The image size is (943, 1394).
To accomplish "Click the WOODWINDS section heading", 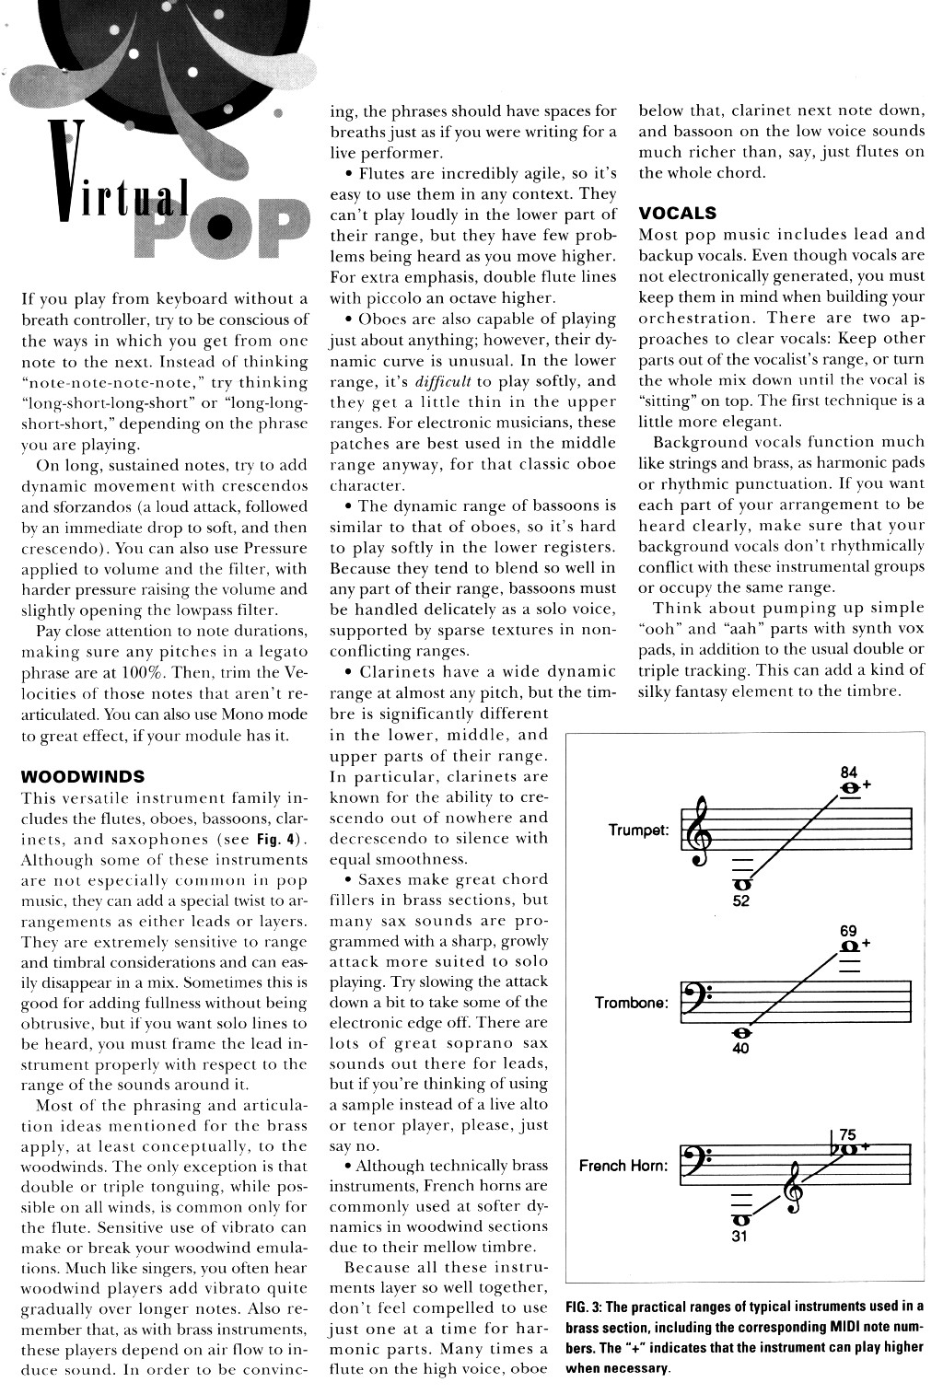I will click(82, 776).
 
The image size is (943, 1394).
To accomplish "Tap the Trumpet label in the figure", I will click(638, 831).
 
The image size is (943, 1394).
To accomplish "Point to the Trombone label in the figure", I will click(631, 1003).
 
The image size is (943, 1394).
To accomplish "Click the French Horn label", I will click(623, 1167).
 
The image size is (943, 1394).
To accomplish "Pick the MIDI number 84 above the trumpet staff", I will click(849, 772).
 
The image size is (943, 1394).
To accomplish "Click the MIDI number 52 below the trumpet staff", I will click(741, 901).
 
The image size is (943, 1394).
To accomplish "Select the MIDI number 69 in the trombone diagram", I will click(848, 931).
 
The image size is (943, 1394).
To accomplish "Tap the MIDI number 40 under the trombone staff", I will click(741, 1047).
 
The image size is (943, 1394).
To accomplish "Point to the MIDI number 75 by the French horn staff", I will click(848, 1134).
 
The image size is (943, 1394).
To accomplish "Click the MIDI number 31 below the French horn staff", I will click(739, 1237).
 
